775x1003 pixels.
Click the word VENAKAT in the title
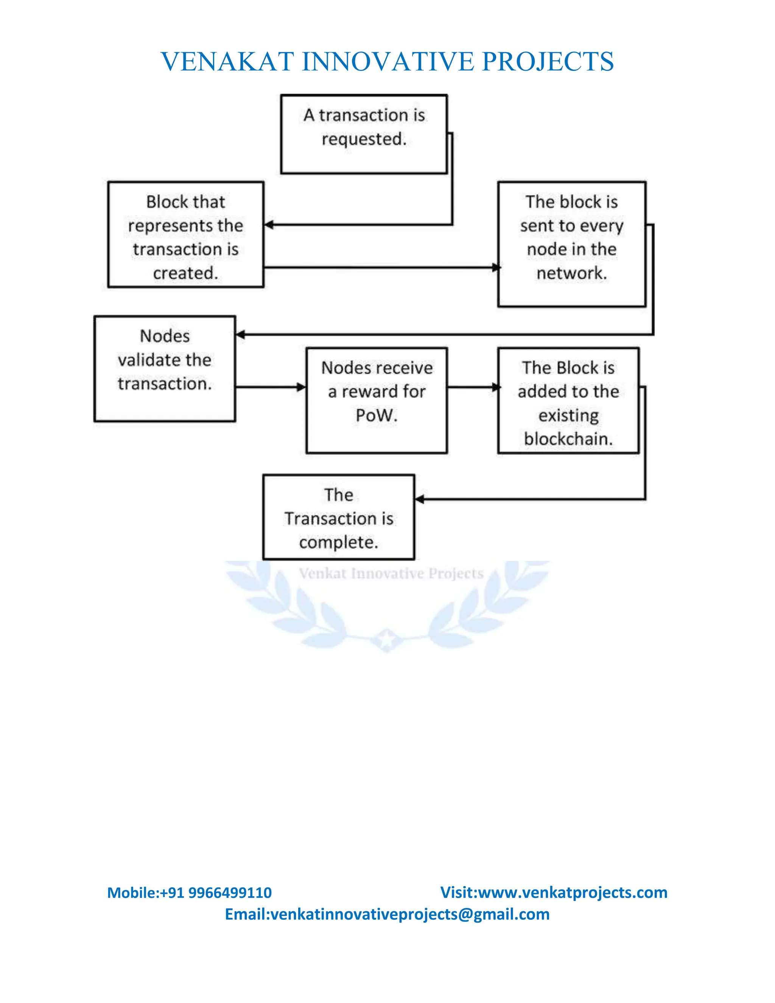[227, 62]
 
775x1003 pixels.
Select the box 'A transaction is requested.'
[364, 134]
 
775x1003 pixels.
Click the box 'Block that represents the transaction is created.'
[185, 235]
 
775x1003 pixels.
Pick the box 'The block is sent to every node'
[572, 244]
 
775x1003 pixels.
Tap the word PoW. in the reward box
[377, 415]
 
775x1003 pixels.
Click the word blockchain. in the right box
[568, 439]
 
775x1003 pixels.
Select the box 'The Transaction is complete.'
[338, 517]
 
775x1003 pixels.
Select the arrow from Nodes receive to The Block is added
[472, 387]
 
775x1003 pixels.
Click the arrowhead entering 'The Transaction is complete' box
[420, 499]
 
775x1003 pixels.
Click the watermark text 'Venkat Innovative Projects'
[391, 573]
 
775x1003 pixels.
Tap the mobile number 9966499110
[230, 892]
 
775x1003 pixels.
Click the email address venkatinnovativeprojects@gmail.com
[410, 914]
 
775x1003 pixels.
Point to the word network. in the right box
[572, 273]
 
